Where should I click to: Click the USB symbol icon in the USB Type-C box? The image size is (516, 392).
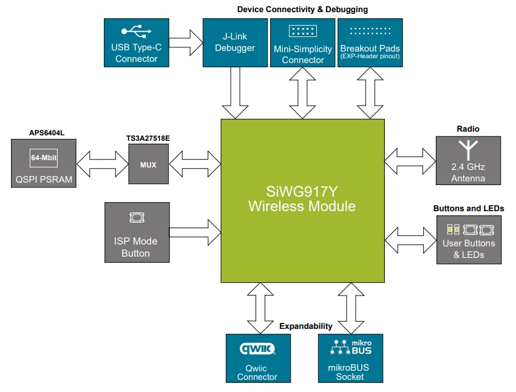tap(136, 31)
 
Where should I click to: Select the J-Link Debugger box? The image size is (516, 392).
tap(235, 42)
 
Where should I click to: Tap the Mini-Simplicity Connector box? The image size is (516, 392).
tap(302, 42)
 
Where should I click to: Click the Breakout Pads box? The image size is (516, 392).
tap(370, 42)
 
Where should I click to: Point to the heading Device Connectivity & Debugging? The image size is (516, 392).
tap(302, 9)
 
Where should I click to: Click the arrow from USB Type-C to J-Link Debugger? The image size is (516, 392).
tap(185, 42)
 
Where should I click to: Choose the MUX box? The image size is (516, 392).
tap(149, 164)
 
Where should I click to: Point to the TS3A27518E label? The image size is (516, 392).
tap(149, 138)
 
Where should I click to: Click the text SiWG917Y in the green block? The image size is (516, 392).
tap(302, 192)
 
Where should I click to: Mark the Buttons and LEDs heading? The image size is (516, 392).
tap(468, 208)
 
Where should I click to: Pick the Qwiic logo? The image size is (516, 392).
tap(258, 349)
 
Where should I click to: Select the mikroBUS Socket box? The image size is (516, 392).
tap(350, 358)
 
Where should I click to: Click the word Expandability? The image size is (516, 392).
tap(306, 326)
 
